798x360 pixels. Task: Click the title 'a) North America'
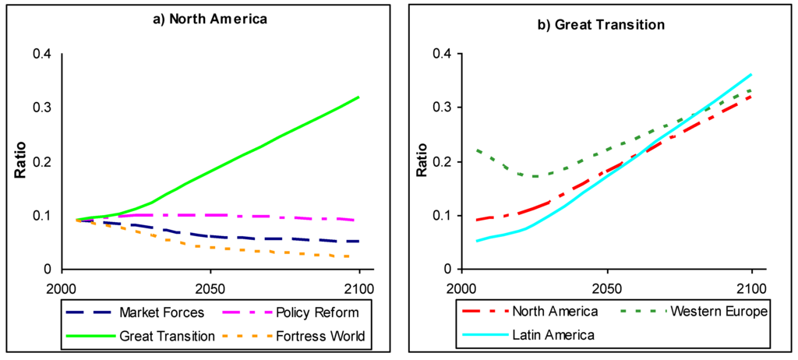(209, 19)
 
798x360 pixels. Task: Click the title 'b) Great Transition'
(602, 24)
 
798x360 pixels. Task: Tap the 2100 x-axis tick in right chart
(751, 286)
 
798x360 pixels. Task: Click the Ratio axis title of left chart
(23, 161)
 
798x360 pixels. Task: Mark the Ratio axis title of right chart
(421, 161)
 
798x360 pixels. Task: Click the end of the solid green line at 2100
(359, 97)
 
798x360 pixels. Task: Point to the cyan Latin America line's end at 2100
(751, 75)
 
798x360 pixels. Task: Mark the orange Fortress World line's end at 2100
(358, 256)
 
